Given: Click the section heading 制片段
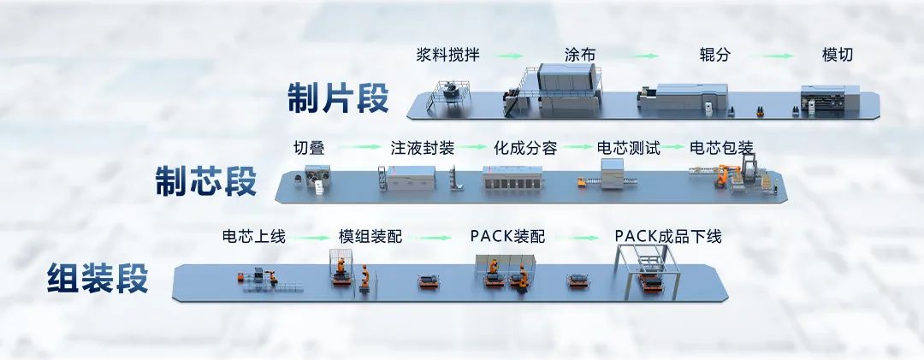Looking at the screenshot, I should (337, 98).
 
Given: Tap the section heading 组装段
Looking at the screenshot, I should (98, 279).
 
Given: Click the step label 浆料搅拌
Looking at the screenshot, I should (447, 56).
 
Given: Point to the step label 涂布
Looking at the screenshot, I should (580, 56).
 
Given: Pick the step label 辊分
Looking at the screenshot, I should (714, 56).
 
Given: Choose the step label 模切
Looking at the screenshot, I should (837, 56).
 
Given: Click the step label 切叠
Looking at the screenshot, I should (308, 147).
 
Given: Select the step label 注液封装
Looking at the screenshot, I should (422, 147).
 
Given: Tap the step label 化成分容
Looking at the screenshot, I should (525, 147).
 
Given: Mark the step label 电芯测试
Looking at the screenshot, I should (628, 147).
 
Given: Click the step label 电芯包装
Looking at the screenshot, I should (721, 147).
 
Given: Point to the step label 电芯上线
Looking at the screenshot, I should (253, 236).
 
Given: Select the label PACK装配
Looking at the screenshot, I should (507, 236).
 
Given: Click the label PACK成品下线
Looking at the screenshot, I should (668, 236).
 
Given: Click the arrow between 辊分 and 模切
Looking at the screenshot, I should (777, 56).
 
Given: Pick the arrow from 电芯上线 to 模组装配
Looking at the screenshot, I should (309, 237).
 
